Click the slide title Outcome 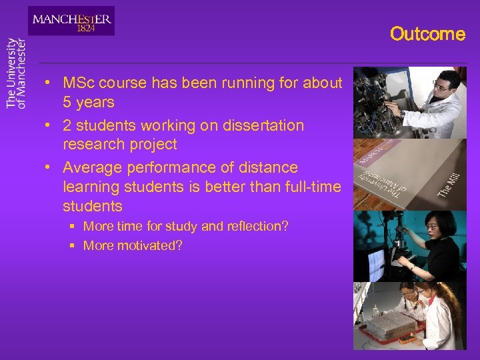(x=427, y=34)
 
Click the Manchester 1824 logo (x=71, y=21)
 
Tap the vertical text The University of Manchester (x=16, y=73)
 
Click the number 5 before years (x=67, y=103)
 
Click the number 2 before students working (x=67, y=125)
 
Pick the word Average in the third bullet (x=90, y=167)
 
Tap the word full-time (x=312, y=187)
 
